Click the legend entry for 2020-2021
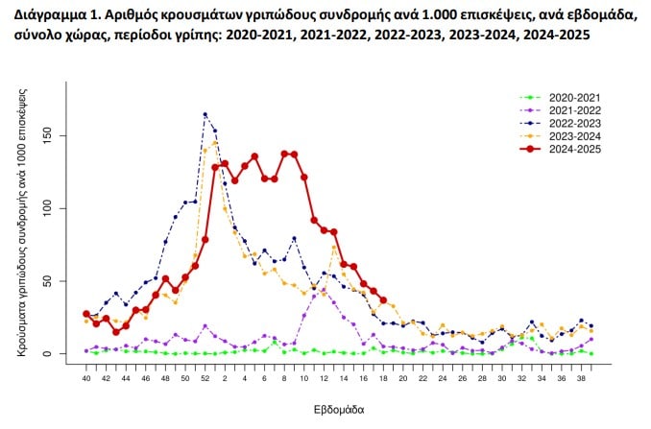pyautogui.click(x=573, y=98)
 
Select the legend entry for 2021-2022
pyautogui.click(x=573, y=110)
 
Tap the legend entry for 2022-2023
pyautogui.click(x=573, y=123)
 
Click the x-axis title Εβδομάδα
pyautogui.click(x=339, y=409)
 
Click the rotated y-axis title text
pyautogui.click(x=22, y=222)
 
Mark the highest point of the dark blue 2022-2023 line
pyautogui.click(x=205, y=114)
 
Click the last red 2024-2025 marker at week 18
pyautogui.click(x=383, y=300)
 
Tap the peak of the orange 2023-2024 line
pyautogui.click(x=215, y=143)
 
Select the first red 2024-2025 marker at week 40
pyautogui.click(x=85, y=314)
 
